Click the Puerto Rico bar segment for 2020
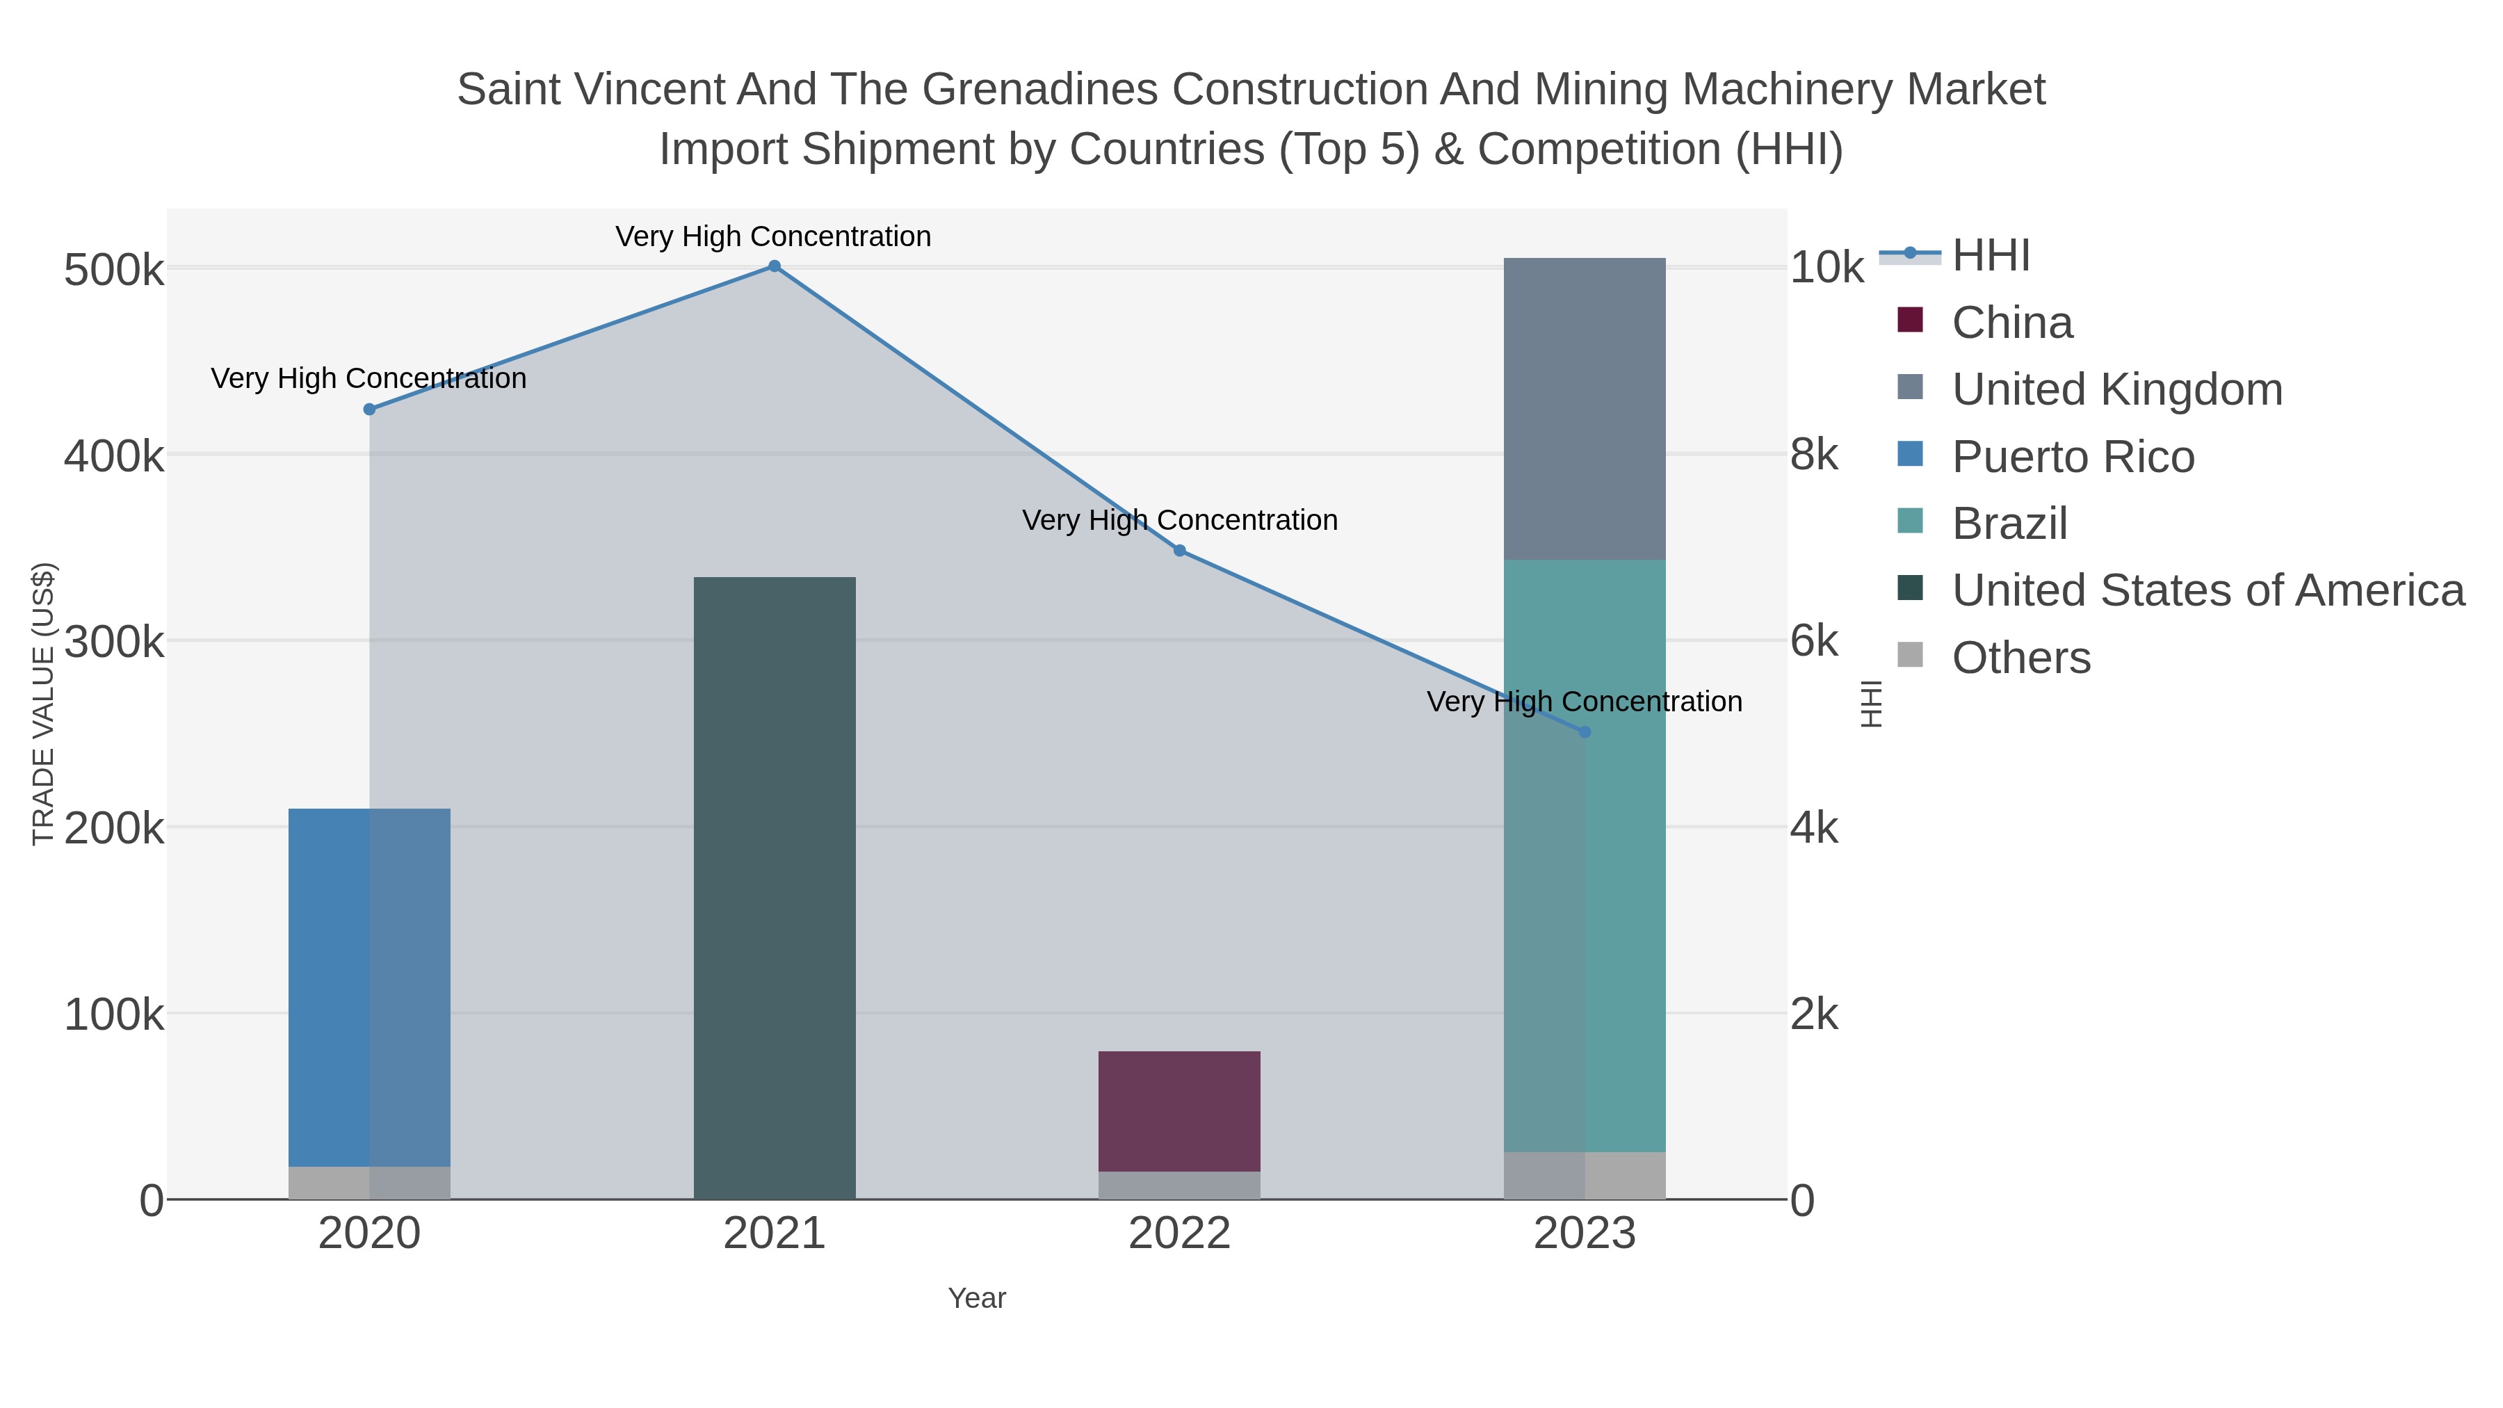[x=369, y=986]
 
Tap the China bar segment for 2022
[x=1178, y=1110]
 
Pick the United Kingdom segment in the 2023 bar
[x=1584, y=408]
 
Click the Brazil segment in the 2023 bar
[x=1584, y=855]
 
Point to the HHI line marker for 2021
[x=775, y=266]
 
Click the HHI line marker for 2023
[x=1585, y=731]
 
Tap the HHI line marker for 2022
[x=1180, y=551]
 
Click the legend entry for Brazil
[x=2009, y=524]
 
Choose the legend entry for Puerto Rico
[x=2073, y=457]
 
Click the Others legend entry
[x=2021, y=658]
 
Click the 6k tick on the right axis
[x=1814, y=641]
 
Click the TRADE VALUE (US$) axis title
[x=44, y=704]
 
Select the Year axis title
[x=977, y=1298]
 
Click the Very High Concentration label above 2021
[x=773, y=237]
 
